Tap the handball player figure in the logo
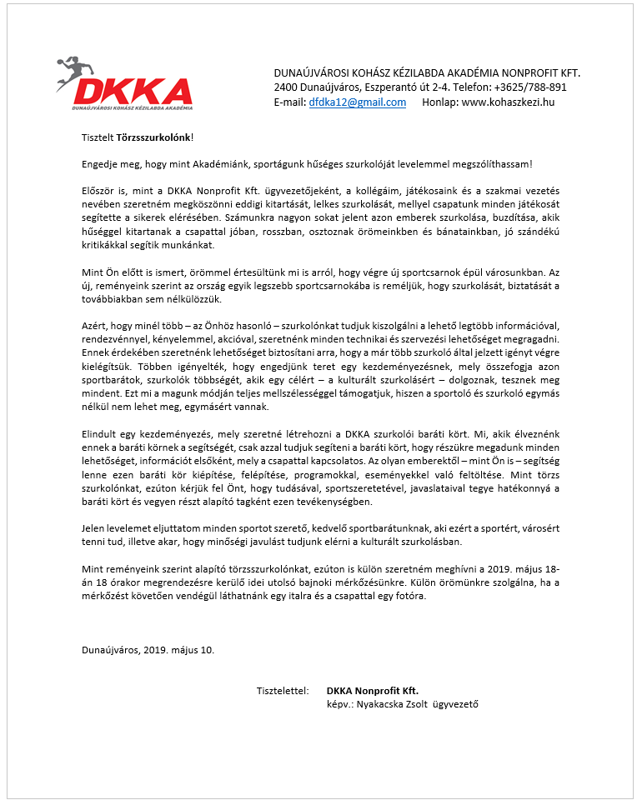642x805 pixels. (x=73, y=71)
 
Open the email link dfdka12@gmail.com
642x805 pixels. (x=357, y=102)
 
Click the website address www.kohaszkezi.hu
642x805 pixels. (x=508, y=102)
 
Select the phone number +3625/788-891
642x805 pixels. (x=530, y=87)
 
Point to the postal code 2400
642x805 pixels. (x=288, y=87)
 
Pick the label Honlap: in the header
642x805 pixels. (x=440, y=102)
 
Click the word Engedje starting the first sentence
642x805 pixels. (x=101, y=165)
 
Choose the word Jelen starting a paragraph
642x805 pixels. (x=94, y=528)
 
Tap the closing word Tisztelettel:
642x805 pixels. (x=283, y=691)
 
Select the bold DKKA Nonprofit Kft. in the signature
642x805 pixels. (x=373, y=691)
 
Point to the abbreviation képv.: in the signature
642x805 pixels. (x=339, y=704)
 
